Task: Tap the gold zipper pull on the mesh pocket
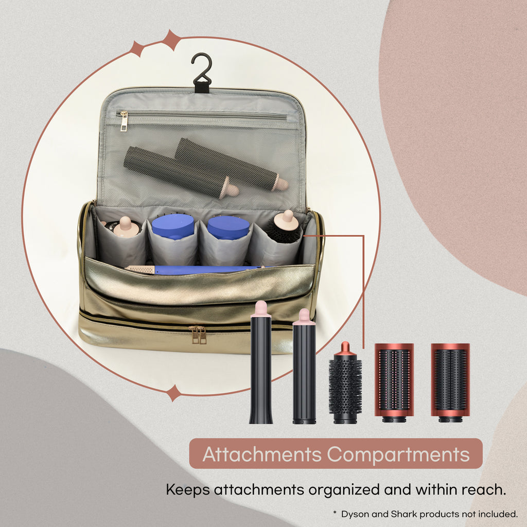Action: coord(124,121)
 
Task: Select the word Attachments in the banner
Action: coord(262,454)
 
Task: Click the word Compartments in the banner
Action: coord(398,454)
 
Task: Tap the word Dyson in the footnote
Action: coord(356,514)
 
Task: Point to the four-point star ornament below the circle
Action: coord(173,393)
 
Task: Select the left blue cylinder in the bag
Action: coord(173,226)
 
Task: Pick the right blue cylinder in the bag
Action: coord(228,227)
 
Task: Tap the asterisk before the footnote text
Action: coord(335,513)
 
